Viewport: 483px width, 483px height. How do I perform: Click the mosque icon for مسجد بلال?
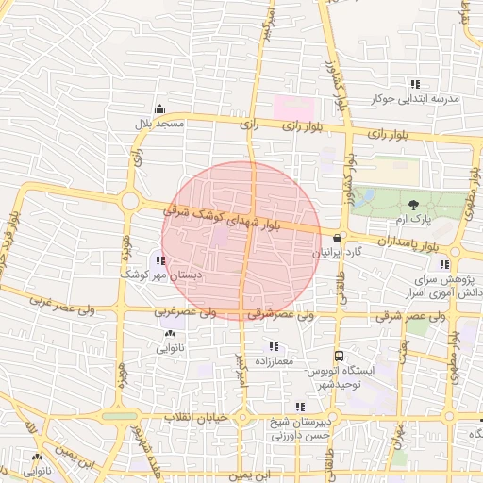click(159, 108)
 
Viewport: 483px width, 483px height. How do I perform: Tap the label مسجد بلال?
click(159, 124)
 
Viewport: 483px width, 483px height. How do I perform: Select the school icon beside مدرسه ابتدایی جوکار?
click(416, 83)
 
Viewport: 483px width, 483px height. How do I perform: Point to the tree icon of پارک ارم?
click(413, 204)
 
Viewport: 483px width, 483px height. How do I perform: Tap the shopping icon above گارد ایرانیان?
click(337, 238)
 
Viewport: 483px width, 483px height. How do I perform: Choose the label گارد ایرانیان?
click(337, 253)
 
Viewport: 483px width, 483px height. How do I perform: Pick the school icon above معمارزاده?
click(275, 345)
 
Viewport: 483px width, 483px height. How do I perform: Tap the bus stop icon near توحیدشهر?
click(338, 357)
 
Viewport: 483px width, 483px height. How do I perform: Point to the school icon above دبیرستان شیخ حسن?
click(300, 407)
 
